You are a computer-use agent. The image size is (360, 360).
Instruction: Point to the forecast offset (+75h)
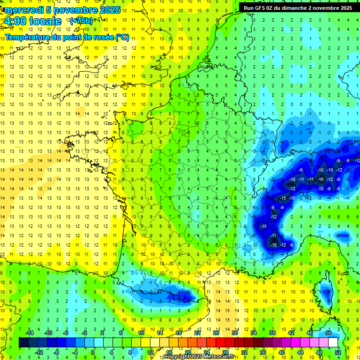81,21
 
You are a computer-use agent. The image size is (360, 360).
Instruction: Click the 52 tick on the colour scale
337,352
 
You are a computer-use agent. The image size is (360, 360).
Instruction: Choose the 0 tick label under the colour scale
92,352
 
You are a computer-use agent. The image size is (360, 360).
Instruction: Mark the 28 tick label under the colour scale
225,352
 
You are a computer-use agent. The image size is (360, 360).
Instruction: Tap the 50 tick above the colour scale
328,333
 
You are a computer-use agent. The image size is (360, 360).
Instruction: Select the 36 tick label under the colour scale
262,352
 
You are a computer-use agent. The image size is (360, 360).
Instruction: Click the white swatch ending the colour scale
333,343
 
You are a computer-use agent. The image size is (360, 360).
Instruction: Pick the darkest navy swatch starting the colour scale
23,343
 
